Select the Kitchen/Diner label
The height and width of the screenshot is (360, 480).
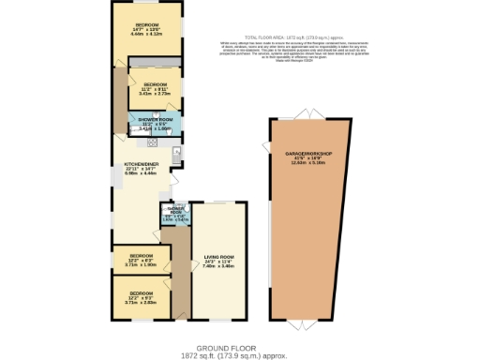tap(140, 164)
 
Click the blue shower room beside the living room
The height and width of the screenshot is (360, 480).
tap(173, 215)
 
